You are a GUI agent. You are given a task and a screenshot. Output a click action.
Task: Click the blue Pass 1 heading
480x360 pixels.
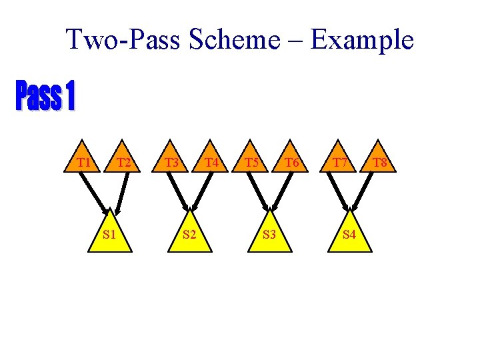(x=45, y=97)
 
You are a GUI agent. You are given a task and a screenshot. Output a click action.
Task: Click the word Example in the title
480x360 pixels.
(x=362, y=40)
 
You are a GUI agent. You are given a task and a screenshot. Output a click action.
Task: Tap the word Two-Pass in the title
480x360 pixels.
(x=123, y=40)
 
